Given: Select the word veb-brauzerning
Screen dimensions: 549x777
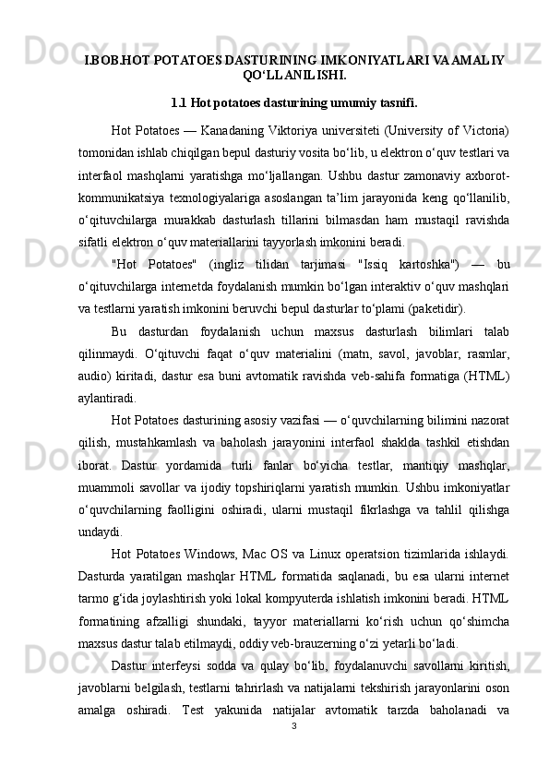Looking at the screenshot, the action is (313, 643).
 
